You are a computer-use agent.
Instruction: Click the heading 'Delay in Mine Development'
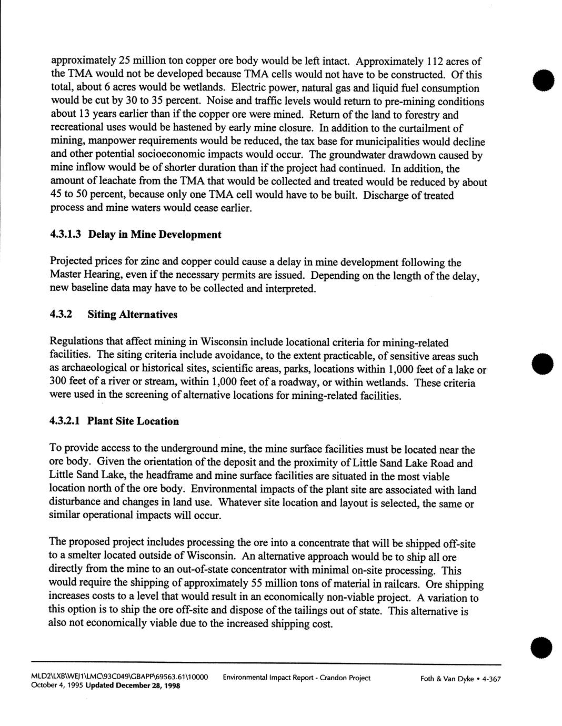click(155, 235)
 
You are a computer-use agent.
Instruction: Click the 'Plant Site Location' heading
click(133, 421)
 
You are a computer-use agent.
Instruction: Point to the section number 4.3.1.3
click(65, 235)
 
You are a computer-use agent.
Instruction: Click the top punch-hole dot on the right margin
click(543, 80)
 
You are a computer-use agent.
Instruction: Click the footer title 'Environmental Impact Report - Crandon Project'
click(296, 678)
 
